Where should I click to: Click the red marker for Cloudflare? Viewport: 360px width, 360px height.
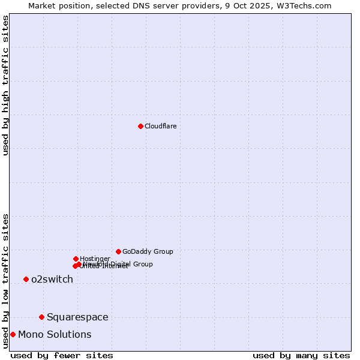(140, 126)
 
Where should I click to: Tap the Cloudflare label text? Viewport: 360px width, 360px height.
(161, 126)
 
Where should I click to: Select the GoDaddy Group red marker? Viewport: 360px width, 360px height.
(118, 251)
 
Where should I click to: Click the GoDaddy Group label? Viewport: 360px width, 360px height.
(148, 251)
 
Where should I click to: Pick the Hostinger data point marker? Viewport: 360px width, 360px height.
(76, 259)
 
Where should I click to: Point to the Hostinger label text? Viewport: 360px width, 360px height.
(95, 259)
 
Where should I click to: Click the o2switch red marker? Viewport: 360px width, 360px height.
(26, 279)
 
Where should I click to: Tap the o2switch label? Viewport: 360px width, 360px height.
(52, 279)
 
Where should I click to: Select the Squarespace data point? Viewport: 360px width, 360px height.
(41, 317)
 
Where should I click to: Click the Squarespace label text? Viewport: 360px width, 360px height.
(77, 317)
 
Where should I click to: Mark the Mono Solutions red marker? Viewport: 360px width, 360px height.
(13, 334)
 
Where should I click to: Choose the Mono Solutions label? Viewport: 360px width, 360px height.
(55, 334)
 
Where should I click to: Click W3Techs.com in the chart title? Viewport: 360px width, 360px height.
(310, 5)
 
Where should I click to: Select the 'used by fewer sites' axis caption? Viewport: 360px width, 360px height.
(62, 355)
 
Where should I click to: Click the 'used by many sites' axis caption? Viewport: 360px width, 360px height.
(301, 355)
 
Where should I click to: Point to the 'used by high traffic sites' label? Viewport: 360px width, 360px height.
(5, 85)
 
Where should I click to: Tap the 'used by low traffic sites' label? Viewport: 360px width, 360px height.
(5, 281)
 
